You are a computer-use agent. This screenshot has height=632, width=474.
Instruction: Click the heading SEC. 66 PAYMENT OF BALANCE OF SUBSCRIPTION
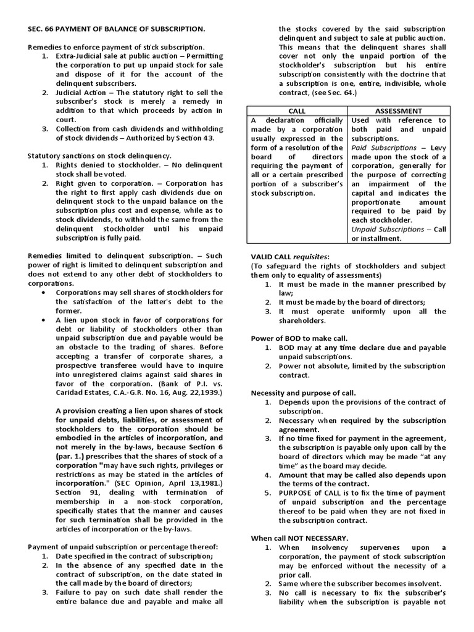point(116,29)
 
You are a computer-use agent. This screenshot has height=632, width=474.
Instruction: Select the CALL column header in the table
point(297,110)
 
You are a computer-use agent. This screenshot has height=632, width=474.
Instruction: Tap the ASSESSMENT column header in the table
point(399,110)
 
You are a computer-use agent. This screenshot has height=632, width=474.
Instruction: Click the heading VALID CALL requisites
point(289,256)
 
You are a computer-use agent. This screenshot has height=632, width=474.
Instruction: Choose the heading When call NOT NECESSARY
point(299,538)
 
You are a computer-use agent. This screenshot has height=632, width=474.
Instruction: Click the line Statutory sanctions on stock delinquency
point(99,157)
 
